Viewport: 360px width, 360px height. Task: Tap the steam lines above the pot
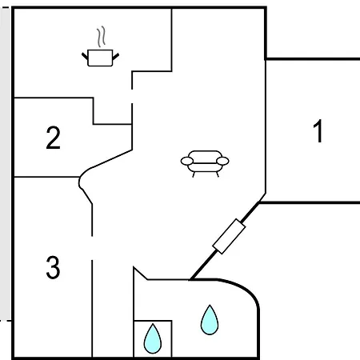point(101,37)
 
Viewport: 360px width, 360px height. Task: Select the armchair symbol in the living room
point(205,163)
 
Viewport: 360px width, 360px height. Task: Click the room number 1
point(318,131)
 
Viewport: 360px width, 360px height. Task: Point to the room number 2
point(53,138)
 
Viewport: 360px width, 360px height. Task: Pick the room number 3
point(53,267)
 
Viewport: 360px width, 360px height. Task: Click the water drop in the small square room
point(153,338)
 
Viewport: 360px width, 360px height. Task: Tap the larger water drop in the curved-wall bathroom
point(210,320)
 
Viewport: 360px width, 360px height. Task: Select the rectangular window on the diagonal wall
point(229,236)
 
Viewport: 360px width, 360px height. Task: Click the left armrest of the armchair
point(187,161)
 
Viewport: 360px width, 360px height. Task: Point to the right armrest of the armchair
point(222,161)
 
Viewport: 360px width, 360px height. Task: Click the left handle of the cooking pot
point(85,56)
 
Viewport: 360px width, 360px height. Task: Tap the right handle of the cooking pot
point(116,56)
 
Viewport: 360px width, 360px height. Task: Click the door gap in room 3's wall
point(92,248)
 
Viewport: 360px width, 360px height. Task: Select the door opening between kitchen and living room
point(132,96)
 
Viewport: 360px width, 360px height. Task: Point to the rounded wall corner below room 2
point(80,182)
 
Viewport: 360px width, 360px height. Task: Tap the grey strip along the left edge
point(5,164)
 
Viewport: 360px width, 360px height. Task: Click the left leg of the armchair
point(194,174)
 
